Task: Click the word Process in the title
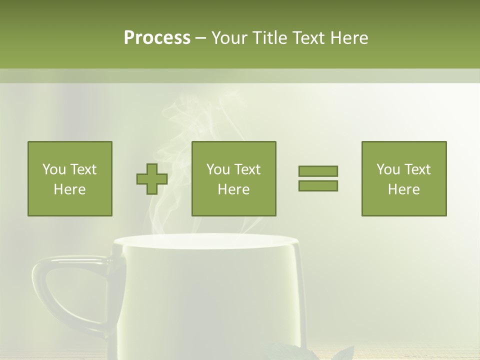pyautogui.click(x=157, y=38)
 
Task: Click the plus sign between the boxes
pyautogui.click(x=152, y=179)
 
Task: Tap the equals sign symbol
pyautogui.click(x=318, y=178)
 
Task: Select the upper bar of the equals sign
pyautogui.click(x=318, y=171)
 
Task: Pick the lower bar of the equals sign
pyautogui.click(x=318, y=185)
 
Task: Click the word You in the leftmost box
pyautogui.click(x=53, y=169)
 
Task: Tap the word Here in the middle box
pyautogui.click(x=234, y=189)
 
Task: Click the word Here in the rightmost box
pyautogui.click(x=404, y=189)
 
